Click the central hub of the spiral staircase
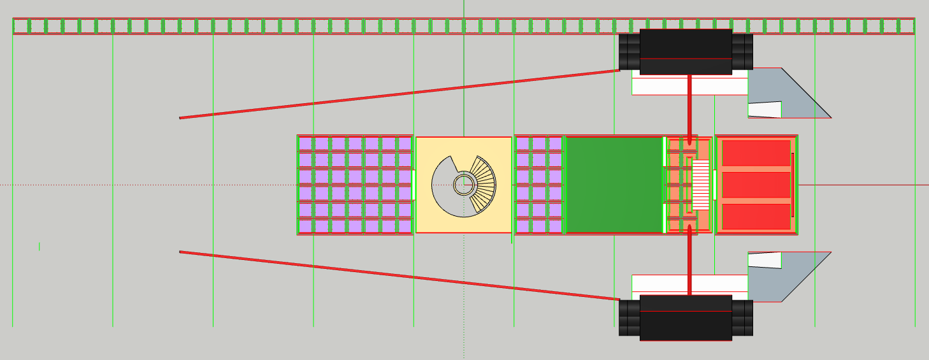463,185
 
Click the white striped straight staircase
701,185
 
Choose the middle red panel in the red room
756,185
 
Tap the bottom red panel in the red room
756,216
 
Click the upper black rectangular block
686,52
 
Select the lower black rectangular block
686,317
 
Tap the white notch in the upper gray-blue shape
765,110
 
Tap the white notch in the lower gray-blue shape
765,260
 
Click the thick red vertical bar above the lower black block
689,261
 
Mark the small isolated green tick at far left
40,246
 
